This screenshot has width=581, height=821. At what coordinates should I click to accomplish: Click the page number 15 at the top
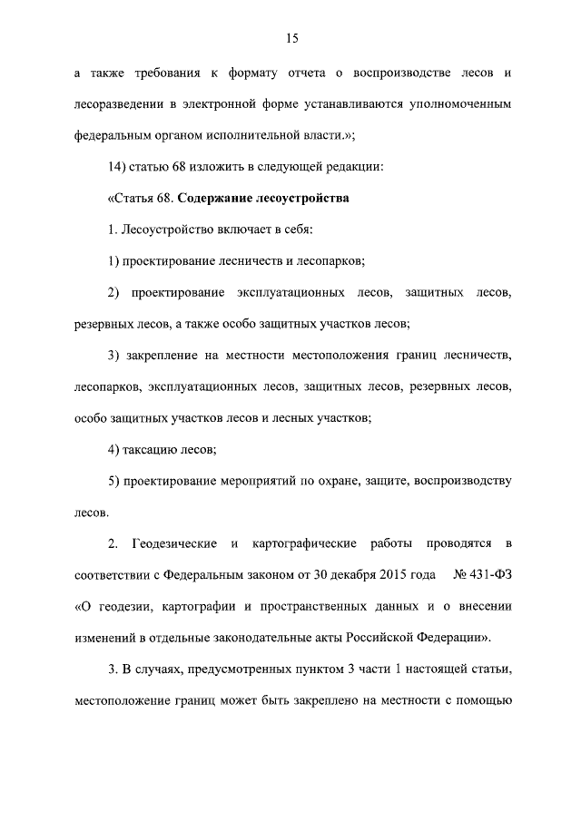coord(290,38)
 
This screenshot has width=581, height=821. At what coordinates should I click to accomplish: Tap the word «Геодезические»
coord(173,544)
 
